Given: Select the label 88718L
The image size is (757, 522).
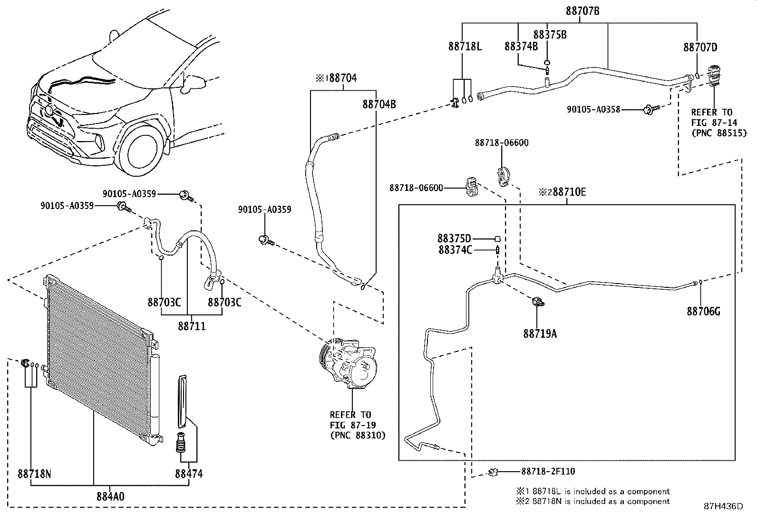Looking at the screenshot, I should click(465, 46).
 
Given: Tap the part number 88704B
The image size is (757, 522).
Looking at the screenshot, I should click(379, 104).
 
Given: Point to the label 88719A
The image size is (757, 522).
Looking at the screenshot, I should click(540, 334).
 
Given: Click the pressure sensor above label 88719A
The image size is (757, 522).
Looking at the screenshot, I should click(538, 302).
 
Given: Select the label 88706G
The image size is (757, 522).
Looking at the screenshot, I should click(703, 312).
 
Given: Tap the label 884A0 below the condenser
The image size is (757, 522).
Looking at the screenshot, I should click(110, 496).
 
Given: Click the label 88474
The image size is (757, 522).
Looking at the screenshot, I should click(189, 474).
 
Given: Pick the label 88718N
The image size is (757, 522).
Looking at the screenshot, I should click(34, 474).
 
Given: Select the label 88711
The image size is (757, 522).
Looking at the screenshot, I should click(192, 326).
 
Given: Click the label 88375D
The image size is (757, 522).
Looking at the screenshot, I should click(454, 238).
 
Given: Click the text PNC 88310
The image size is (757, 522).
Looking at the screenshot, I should click(358, 435).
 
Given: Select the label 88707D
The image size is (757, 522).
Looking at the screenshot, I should click(700, 47).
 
